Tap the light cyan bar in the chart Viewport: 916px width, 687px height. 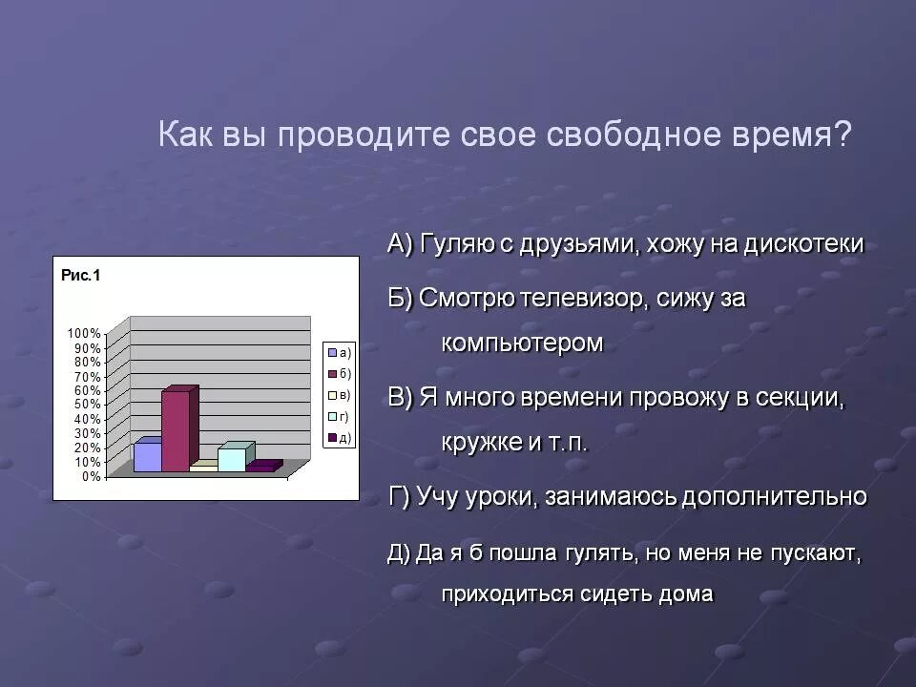click(232, 459)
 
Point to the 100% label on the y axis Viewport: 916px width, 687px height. click(84, 333)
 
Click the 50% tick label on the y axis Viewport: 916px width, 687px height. click(87, 405)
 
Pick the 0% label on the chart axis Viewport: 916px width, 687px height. click(91, 476)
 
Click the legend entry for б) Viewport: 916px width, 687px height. click(340, 373)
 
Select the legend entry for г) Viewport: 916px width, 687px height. click(340, 416)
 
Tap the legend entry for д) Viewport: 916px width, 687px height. click(340, 438)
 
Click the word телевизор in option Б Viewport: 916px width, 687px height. click(583, 299)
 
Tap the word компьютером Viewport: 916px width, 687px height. click(522, 343)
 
